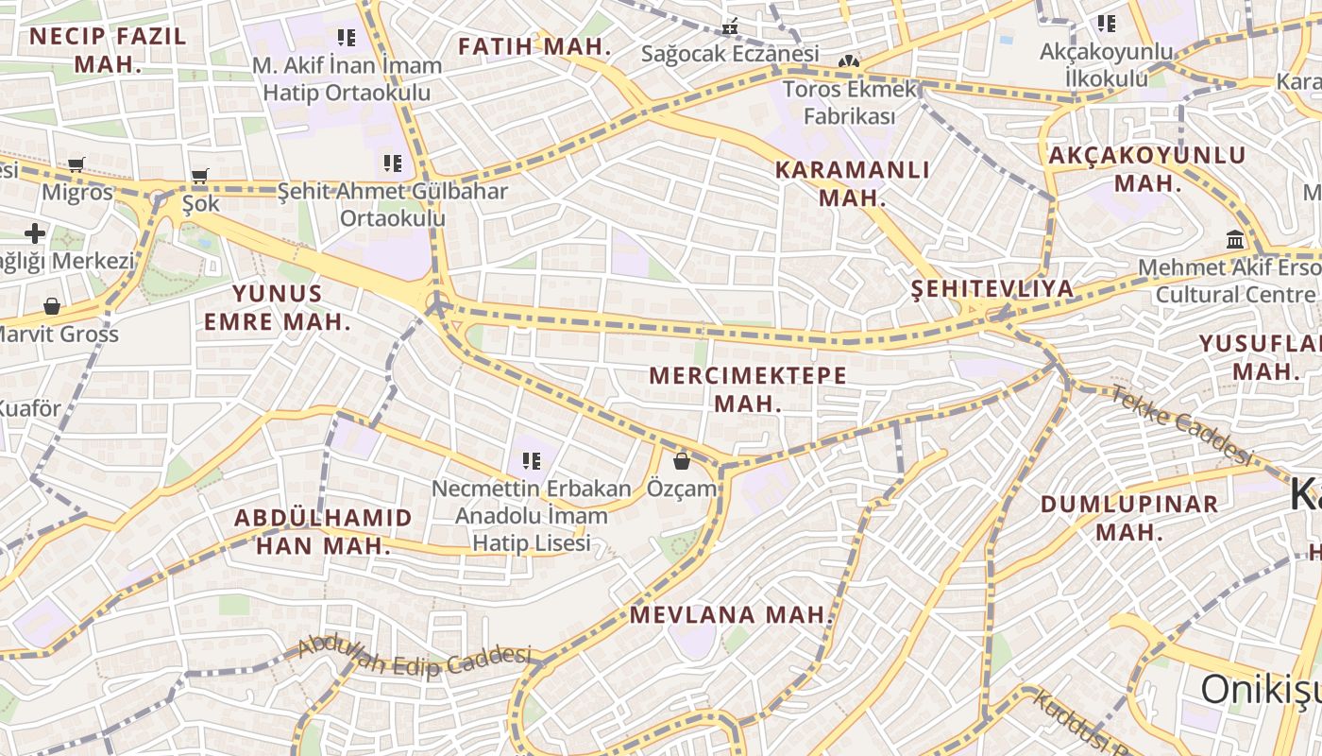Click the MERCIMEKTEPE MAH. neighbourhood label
pyautogui.click(x=748, y=388)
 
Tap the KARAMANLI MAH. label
pyautogui.click(x=852, y=183)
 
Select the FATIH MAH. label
pyautogui.click(x=534, y=46)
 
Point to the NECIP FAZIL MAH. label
pyautogui.click(x=108, y=50)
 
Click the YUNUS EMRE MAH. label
pyautogui.click(x=278, y=307)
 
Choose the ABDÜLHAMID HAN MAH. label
pyautogui.click(x=323, y=531)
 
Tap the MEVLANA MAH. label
pyautogui.click(x=733, y=615)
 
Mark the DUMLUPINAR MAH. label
pyautogui.click(x=1129, y=517)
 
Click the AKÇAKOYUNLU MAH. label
pyautogui.click(x=1147, y=168)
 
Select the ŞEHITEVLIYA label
pyautogui.click(x=992, y=288)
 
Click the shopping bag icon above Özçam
pyautogui.click(x=681, y=461)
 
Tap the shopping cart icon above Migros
pyautogui.click(x=76, y=165)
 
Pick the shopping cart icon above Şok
pyautogui.click(x=199, y=176)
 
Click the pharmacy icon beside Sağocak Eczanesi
pyautogui.click(x=730, y=26)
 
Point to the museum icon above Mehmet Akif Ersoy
pyautogui.click(x=1235, y=239)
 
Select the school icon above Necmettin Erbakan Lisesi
pyautogui.click(x=531, y=461)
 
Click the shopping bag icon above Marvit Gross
pyautogui.click(x=52, y=306)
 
